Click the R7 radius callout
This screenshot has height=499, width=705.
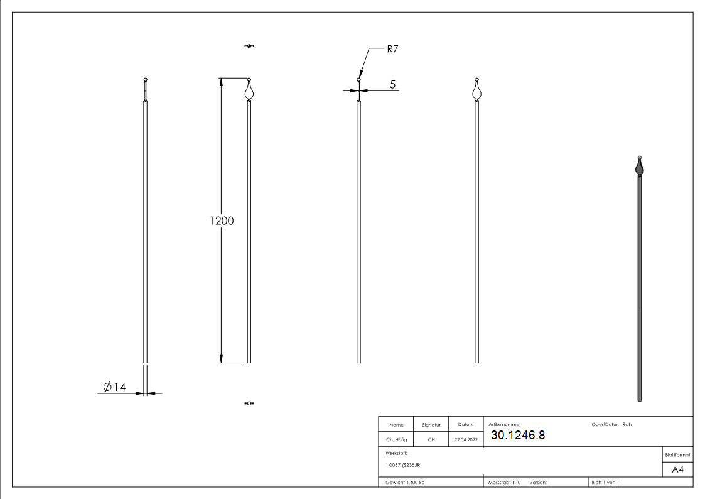392,49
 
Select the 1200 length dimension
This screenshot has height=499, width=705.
222,221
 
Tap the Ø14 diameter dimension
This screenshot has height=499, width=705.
114,387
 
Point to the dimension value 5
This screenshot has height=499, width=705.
392,85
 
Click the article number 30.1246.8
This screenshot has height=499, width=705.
518,435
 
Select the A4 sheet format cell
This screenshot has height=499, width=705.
677,469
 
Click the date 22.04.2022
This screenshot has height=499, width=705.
466,439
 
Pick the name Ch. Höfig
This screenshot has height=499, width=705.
396,439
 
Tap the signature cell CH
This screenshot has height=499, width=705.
431,439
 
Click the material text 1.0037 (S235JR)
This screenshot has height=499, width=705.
403,465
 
